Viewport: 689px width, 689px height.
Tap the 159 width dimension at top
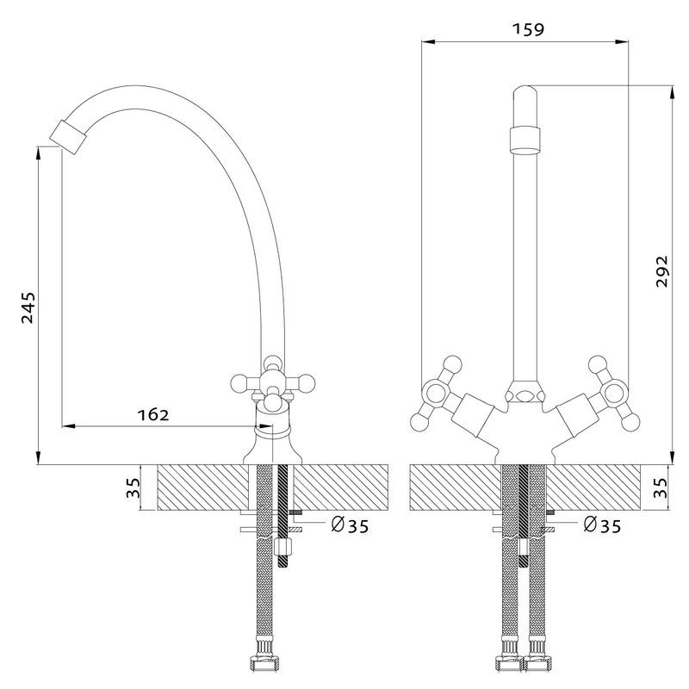click(527, 28)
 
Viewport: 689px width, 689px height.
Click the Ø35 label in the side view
click(350, 525)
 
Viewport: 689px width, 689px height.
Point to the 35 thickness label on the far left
click(133, 488)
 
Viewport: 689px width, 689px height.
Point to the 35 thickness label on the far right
click(661, 488)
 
